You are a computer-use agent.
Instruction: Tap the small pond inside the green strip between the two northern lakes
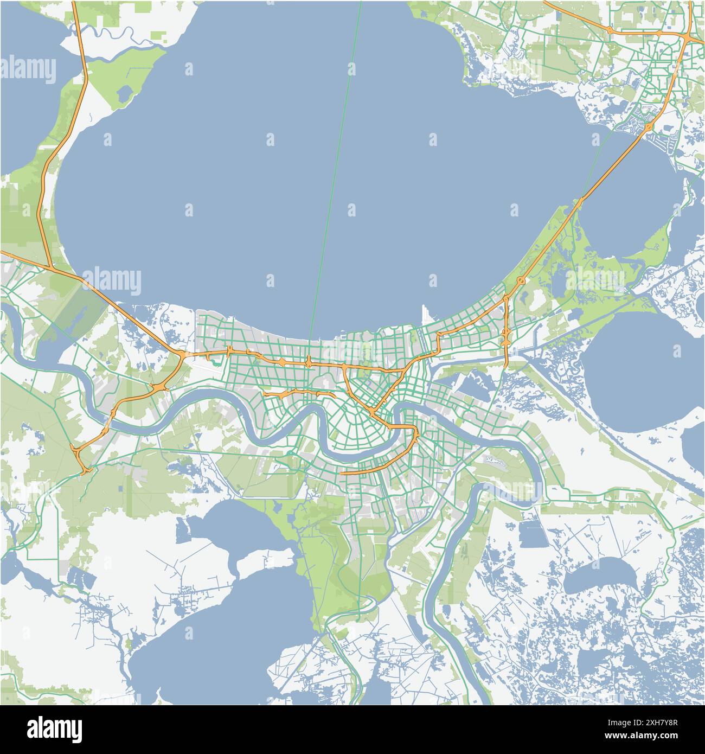pyautogui.click(x=124, y=93)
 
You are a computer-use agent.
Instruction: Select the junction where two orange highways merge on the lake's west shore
pyautogui.click(x=50, y=267)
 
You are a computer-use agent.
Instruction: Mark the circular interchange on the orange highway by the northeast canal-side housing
pyautogui.click(x=649, y=127)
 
